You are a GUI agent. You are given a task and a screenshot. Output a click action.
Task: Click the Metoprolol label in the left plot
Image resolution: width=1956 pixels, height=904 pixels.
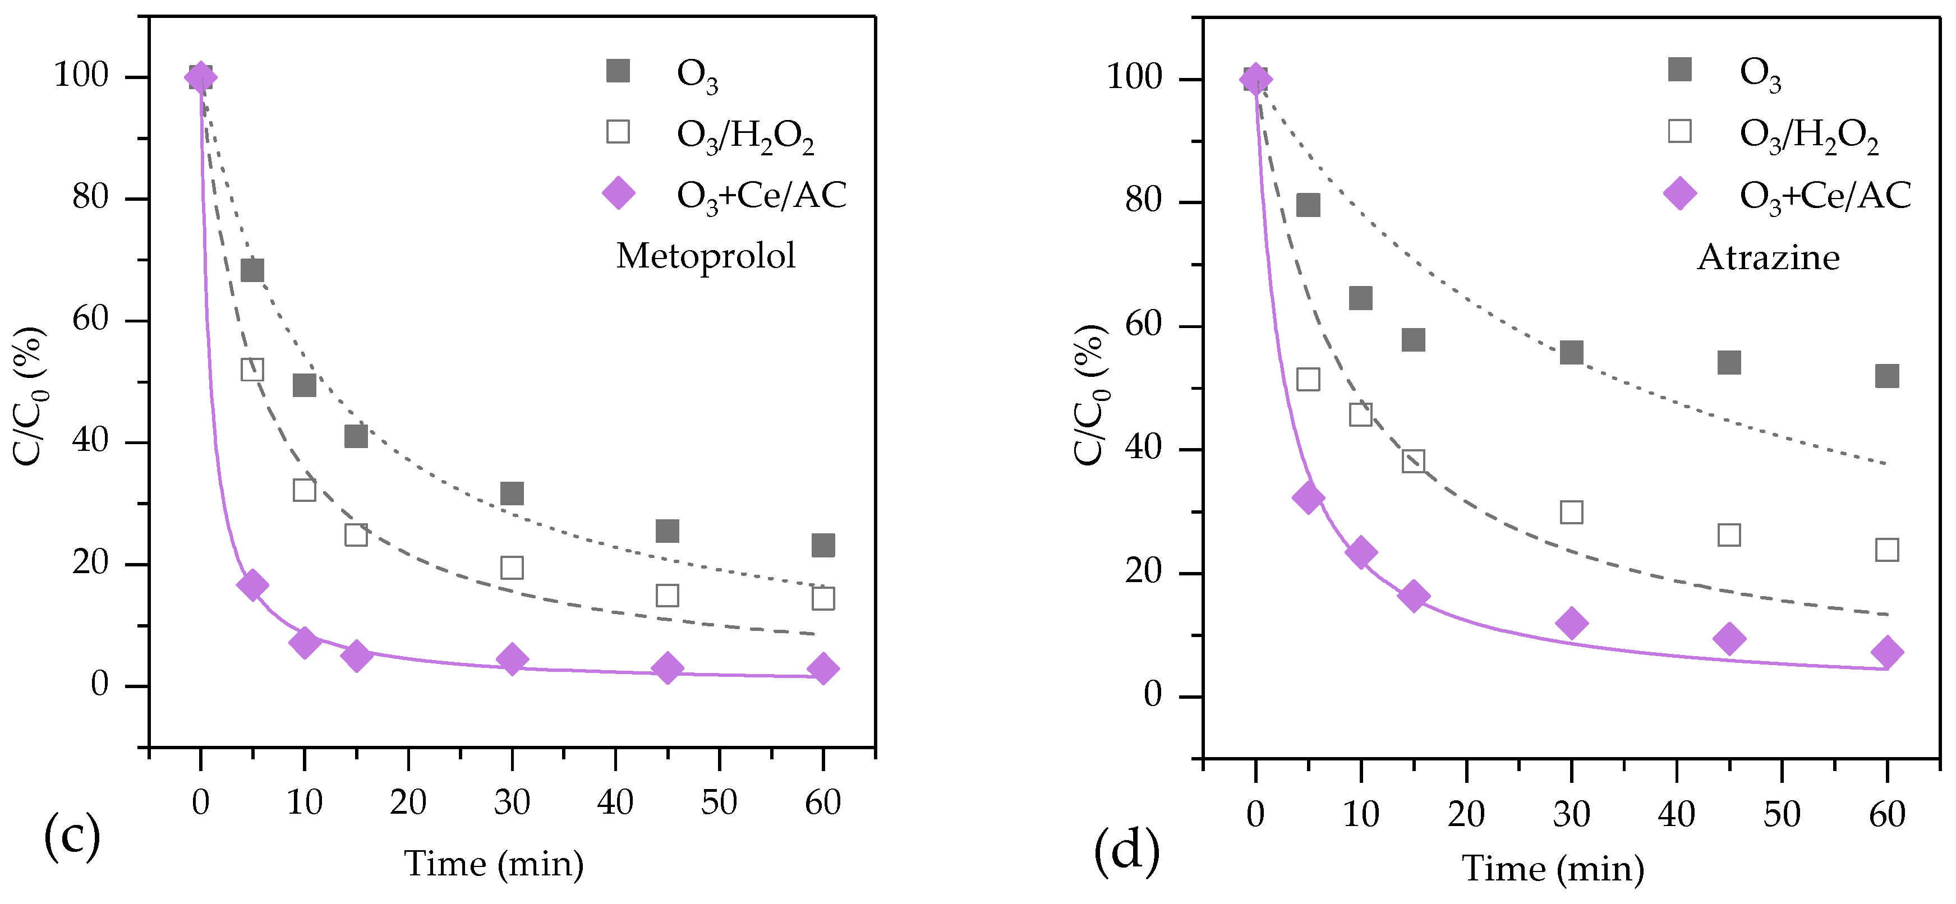(x=706, y=256)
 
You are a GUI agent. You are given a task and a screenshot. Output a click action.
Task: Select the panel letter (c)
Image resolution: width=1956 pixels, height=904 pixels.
(x=72, y=835)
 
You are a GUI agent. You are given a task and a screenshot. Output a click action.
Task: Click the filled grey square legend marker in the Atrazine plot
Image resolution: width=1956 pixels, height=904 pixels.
(x=1679, y=70)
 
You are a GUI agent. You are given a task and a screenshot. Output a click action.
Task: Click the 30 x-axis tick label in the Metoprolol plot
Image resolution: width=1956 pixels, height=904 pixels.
(x=511, y=802)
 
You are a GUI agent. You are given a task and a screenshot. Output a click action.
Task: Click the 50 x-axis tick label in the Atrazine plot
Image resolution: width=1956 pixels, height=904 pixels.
(x=1782, y=814)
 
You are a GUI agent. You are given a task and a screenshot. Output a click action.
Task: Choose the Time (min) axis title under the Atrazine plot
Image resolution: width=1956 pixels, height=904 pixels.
(x=1553, y=868)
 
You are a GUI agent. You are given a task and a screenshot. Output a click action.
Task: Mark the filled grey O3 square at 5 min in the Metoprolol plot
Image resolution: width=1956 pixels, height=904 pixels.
(x=252, y=270)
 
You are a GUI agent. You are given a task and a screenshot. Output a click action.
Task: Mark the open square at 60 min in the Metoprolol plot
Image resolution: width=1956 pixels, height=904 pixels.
(x=822, y=598)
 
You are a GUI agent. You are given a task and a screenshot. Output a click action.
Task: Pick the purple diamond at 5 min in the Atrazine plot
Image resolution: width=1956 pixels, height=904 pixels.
(x=1308, y=498)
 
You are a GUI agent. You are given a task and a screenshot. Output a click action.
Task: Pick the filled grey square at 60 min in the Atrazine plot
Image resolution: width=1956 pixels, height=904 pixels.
(x=1886, y=376)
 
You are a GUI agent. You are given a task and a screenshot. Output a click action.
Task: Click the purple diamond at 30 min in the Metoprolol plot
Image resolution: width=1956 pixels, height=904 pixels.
(x=512, y=659)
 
